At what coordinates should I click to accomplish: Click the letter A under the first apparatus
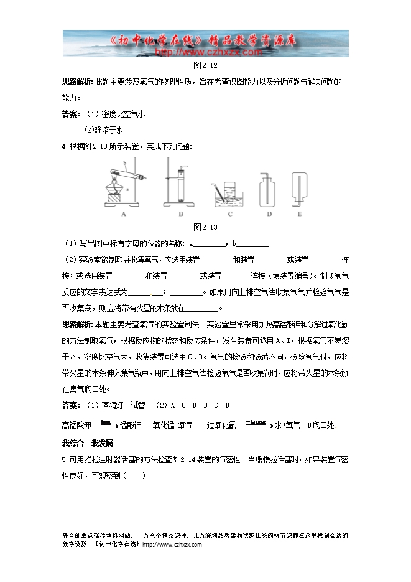(x=124, y=215)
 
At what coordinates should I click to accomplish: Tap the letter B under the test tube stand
(x=180, y=215)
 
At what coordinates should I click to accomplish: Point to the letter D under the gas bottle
(x=269, y=215)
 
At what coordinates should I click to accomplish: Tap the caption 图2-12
(x=205, y=65)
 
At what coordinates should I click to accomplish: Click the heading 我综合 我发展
(x=88, y=443)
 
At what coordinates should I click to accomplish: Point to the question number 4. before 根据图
(x=65, y=146)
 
